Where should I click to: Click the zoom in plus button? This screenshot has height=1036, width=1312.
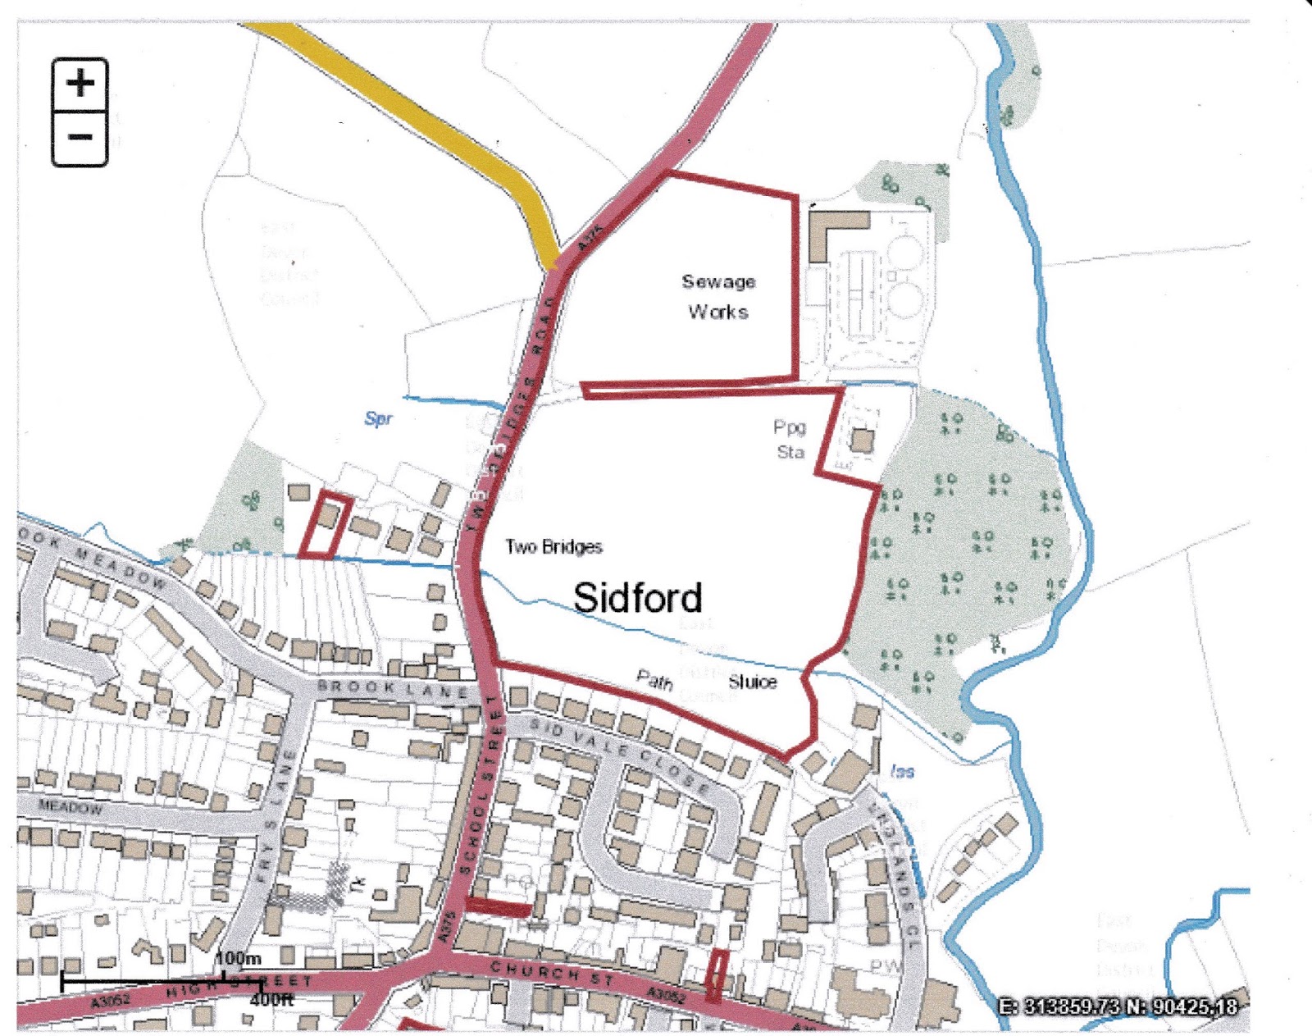tap(80, 84)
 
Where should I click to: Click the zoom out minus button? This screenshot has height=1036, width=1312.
tap(80, 138)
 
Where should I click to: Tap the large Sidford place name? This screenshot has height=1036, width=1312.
tap(637, 597)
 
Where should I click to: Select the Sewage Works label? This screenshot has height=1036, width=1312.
tap(718, 296)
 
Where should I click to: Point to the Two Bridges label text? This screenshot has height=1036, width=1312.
tap(553, 546)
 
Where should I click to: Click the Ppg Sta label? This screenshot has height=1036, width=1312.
tap(790, 439)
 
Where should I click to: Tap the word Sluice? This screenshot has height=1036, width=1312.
tap(752, 682)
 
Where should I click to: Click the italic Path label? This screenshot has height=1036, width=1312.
tap(654, 678)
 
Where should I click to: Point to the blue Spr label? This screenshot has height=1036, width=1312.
tap(378, 418)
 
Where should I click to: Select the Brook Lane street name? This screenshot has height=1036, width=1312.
tap(393, 688)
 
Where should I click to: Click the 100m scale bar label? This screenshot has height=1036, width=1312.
tap(239, 958)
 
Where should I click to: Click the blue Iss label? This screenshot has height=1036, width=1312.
tap(902, 771)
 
